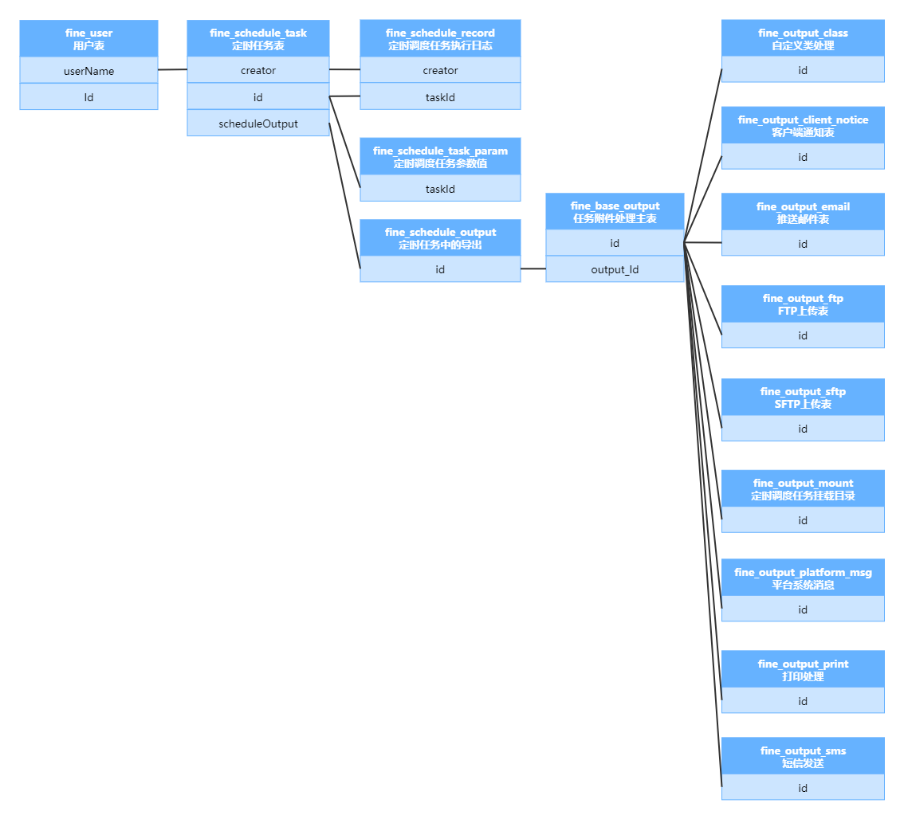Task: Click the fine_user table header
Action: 88,39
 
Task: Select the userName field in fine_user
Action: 88,71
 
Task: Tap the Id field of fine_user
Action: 88,97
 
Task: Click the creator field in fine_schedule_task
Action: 258,70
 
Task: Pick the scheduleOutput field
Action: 258,123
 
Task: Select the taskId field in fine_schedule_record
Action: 440,96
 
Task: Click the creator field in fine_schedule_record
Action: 440,70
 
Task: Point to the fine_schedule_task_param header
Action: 440,156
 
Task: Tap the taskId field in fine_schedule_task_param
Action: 440,189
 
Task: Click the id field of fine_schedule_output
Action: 440,269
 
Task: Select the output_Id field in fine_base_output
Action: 615,269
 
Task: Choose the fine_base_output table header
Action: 615,211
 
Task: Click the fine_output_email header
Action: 803,212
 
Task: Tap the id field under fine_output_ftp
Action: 803,335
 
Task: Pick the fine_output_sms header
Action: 803,756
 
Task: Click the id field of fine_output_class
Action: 803,70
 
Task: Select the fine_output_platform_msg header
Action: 803,578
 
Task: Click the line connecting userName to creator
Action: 172,70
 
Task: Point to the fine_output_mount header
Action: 803,488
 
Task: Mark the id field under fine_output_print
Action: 803,701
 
